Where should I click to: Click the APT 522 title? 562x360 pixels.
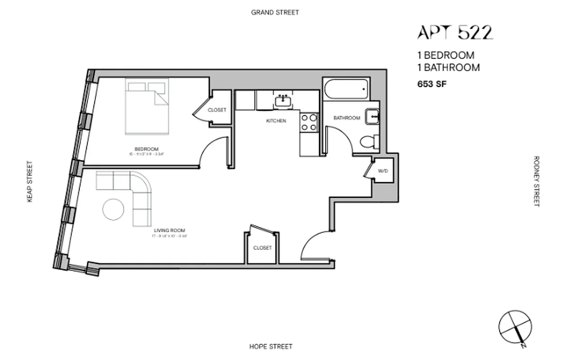(455, 32)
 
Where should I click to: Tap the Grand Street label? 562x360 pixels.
(274, 12)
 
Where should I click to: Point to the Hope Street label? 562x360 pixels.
(270, 346)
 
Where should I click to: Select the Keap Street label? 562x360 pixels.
(30, 181)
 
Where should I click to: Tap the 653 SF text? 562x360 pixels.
(432, 83)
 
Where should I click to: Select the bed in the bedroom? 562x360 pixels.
(147, 106)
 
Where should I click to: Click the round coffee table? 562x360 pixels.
(113, 210)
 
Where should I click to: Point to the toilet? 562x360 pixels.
(369, 141)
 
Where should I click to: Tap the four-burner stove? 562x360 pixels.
(309, 122)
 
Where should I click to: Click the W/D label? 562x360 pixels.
(383, 171)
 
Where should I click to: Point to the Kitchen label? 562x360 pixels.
(276, 121)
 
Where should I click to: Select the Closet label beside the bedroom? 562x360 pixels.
(217, 110)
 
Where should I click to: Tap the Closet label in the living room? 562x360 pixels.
(262, 248)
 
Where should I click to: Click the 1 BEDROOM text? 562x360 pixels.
(445, 55)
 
